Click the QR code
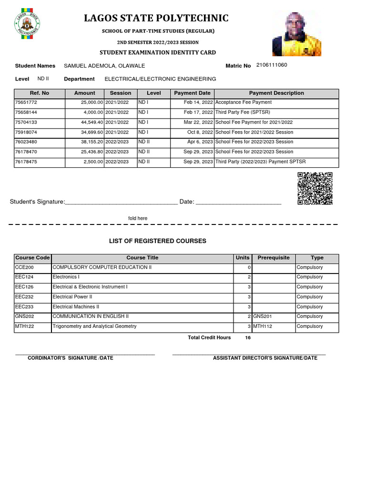pyautogui.click(x=315, y=188)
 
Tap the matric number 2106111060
pyautogui.click(x=272, y=65)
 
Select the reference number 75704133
pyautogui.click(x=26, y=122)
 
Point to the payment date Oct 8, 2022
pyautogui.click(x=200, y=132)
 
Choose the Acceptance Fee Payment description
pyautogui.click(x=244, y=102)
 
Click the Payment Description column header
pyautogui.click(x=276, y=93)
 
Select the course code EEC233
pyautogui.click(x=24, y=307)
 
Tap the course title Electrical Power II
pyautogui.click(x=72, y=297)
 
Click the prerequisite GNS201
pyautogui.click(x=263, y=316)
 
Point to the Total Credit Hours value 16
pyautogui.click(x=247, y=338)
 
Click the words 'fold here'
pyautogui.click(x=138, y=218)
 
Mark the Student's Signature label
pyautogui.click(x=37, y=202)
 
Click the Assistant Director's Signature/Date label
pyautogui.click(x=265, y=358)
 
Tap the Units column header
pyautogui.click(x=242, y=258)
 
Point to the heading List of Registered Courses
pyautogui.click(x=158, y=241)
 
